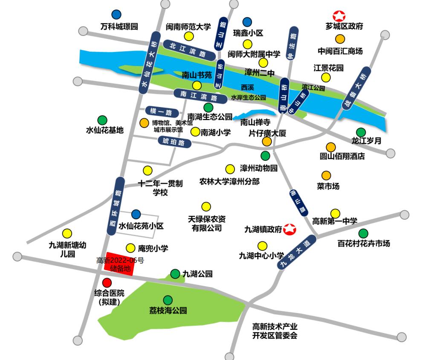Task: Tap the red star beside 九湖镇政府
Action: click(290, 229)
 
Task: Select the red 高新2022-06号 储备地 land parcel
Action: click(120, 264)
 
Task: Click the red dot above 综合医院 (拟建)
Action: click(107, 282)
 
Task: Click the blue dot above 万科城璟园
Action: click(116, 15)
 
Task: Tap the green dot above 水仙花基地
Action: click(102, 120)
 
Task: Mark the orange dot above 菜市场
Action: click(326, 175)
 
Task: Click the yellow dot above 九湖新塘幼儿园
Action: click(67, 233)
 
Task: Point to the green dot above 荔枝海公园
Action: click(168, 300)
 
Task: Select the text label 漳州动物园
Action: click(259, 168)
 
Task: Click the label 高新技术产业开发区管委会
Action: click(275, 331)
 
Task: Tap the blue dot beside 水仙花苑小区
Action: click(136, 214)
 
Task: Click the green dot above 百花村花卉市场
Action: click(363, 233)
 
